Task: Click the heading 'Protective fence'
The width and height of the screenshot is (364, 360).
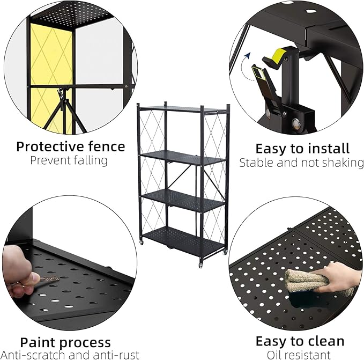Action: [x=70, y=146]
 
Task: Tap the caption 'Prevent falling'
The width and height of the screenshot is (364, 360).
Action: [x=69, y=160]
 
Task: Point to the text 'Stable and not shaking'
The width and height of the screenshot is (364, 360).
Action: [x=301, y=163]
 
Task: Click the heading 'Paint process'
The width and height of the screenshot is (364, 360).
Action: [x=65, y=342]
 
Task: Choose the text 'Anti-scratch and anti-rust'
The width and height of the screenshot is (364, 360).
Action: [x=71, y=355]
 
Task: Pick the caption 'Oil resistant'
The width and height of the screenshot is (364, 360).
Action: [x=298, y=355]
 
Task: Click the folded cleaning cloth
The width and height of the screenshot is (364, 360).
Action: [x=307, y=281]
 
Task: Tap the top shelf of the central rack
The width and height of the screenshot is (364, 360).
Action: [x=182, y=109]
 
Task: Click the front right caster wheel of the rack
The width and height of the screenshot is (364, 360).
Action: [x=202, y=265]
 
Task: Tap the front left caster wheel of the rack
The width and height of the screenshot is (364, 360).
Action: [x=142, y=243]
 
